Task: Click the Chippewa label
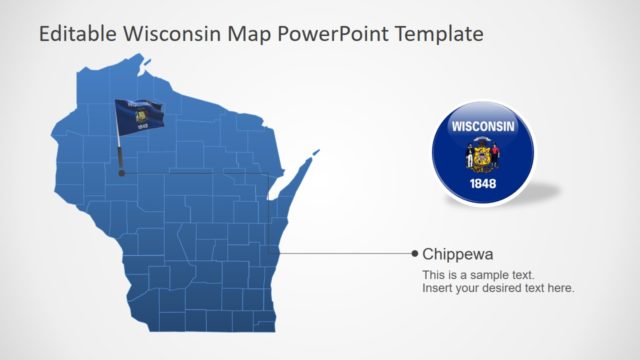458,254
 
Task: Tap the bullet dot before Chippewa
415,254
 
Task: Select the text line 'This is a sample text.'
478,275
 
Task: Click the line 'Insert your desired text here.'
498,288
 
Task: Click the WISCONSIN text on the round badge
483,128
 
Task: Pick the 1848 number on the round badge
483,185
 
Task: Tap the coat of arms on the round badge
483,156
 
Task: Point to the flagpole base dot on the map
121,172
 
